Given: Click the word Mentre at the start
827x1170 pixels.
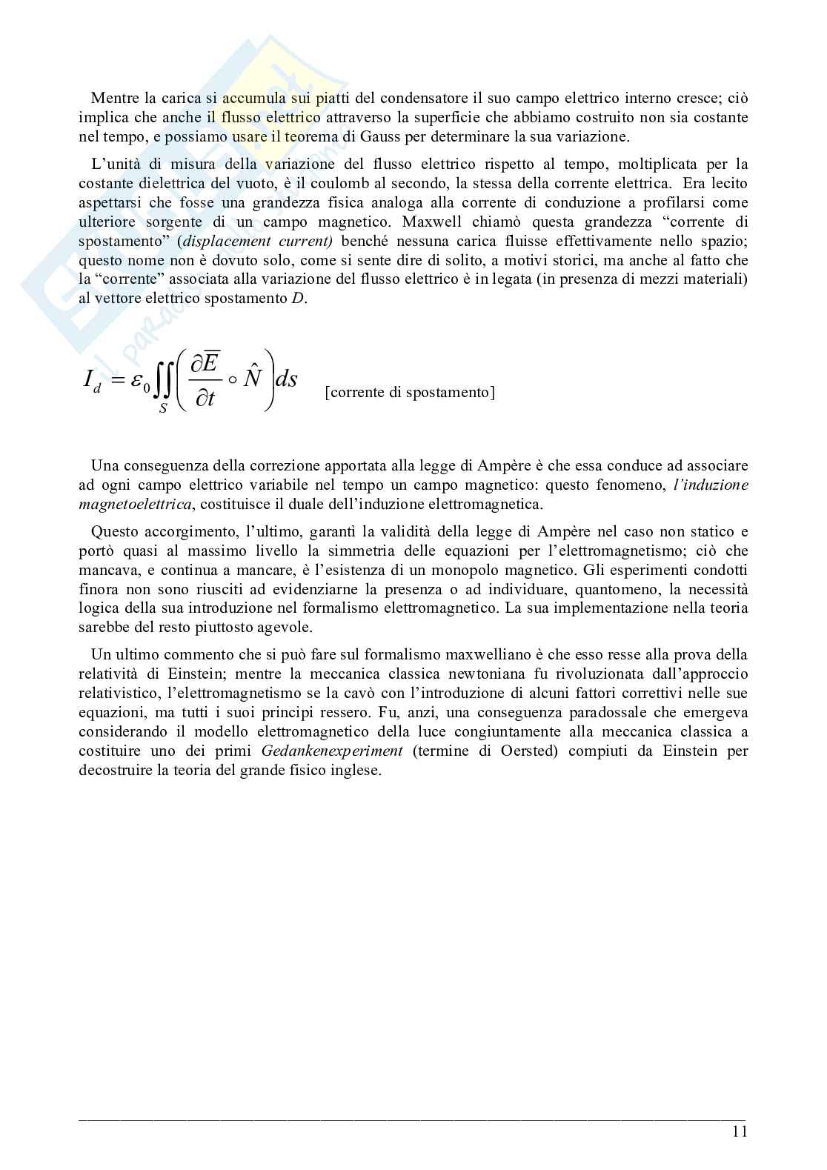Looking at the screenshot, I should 110,99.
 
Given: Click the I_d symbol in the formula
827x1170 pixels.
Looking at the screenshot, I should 93,380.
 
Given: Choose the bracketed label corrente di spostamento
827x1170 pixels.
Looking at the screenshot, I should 409,393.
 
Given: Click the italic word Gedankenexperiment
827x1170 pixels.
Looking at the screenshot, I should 332,751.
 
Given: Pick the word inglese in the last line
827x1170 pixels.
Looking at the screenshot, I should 355,770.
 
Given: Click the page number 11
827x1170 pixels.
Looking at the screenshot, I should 739,1131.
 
